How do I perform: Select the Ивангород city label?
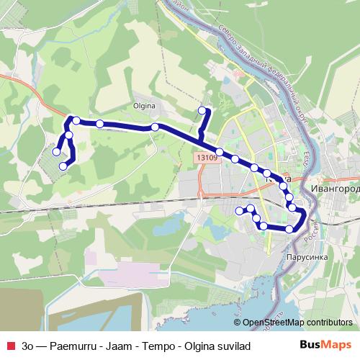pos(333,186)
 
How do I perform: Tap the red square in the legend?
pos(9,346)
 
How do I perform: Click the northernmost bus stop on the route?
pos(202,110)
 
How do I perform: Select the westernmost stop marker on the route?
pos(56,152)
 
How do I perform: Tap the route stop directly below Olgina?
pos(155,127)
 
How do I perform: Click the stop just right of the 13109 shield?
pos(220,153)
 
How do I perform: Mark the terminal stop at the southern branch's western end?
pos(240,210)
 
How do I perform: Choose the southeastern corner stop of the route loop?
pos(289,229)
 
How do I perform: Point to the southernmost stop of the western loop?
pos(63,166)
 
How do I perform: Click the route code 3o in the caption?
pos(27,346)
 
